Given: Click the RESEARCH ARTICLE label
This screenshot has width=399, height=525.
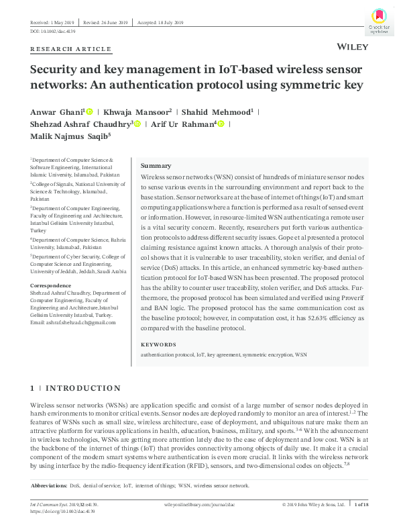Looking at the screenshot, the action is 71,49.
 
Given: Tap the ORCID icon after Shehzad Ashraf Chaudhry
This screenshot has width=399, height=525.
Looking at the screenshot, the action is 138,124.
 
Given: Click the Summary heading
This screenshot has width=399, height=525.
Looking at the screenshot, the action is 156,166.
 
